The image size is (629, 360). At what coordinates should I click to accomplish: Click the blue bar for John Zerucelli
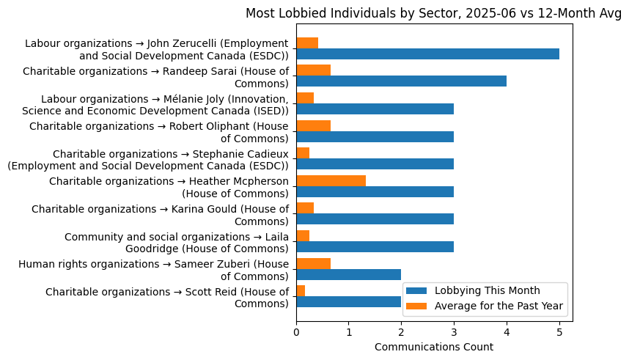pyautogui.click(x=427, y=54)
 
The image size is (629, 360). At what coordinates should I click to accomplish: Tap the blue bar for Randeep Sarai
pyautogui.click(x=401, y=81)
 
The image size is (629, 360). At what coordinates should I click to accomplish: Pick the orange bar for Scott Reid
pyautogui.click(x=301, y=291)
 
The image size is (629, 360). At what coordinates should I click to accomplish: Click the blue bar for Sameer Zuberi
pyautogui.click(x=348, y=274)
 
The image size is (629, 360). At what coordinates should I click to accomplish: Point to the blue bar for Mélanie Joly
pyautogui.click(x=375, y=109)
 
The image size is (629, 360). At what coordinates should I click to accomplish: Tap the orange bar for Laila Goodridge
pyautogui.click(x=303, y=235)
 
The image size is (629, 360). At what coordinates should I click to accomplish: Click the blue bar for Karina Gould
pyautogui.click(x=375, y=219)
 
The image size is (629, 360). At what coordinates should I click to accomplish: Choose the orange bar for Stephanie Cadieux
pyautogui.click(x=303, y=153)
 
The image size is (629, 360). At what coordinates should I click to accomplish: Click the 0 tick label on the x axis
pyautogui.click(x=296, y=332)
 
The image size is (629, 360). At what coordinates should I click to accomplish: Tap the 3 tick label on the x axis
pyautogui.click(x=454, y=332)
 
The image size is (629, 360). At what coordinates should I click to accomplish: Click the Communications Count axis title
pyautogui.click(x=434, y=347)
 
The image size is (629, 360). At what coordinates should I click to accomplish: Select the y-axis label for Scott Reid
pyautogui.click(x=167, y=298)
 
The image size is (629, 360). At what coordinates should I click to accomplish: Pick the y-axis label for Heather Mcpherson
pyautogui.click(x=169, y=187)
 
